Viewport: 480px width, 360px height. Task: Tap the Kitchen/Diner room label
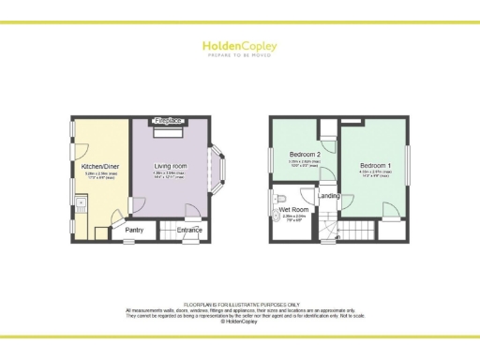(x=99, y=166)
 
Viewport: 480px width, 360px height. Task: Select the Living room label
(x=171, y=166)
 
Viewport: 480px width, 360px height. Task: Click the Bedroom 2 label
(x=305, y=154)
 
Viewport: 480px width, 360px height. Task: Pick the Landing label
(x=329, y=196)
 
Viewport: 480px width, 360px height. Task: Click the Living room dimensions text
(x=171, y=175)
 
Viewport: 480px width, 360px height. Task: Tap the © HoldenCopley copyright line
(x=240, y=321)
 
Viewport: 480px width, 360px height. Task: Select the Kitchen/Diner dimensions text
(x=99, y=175)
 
